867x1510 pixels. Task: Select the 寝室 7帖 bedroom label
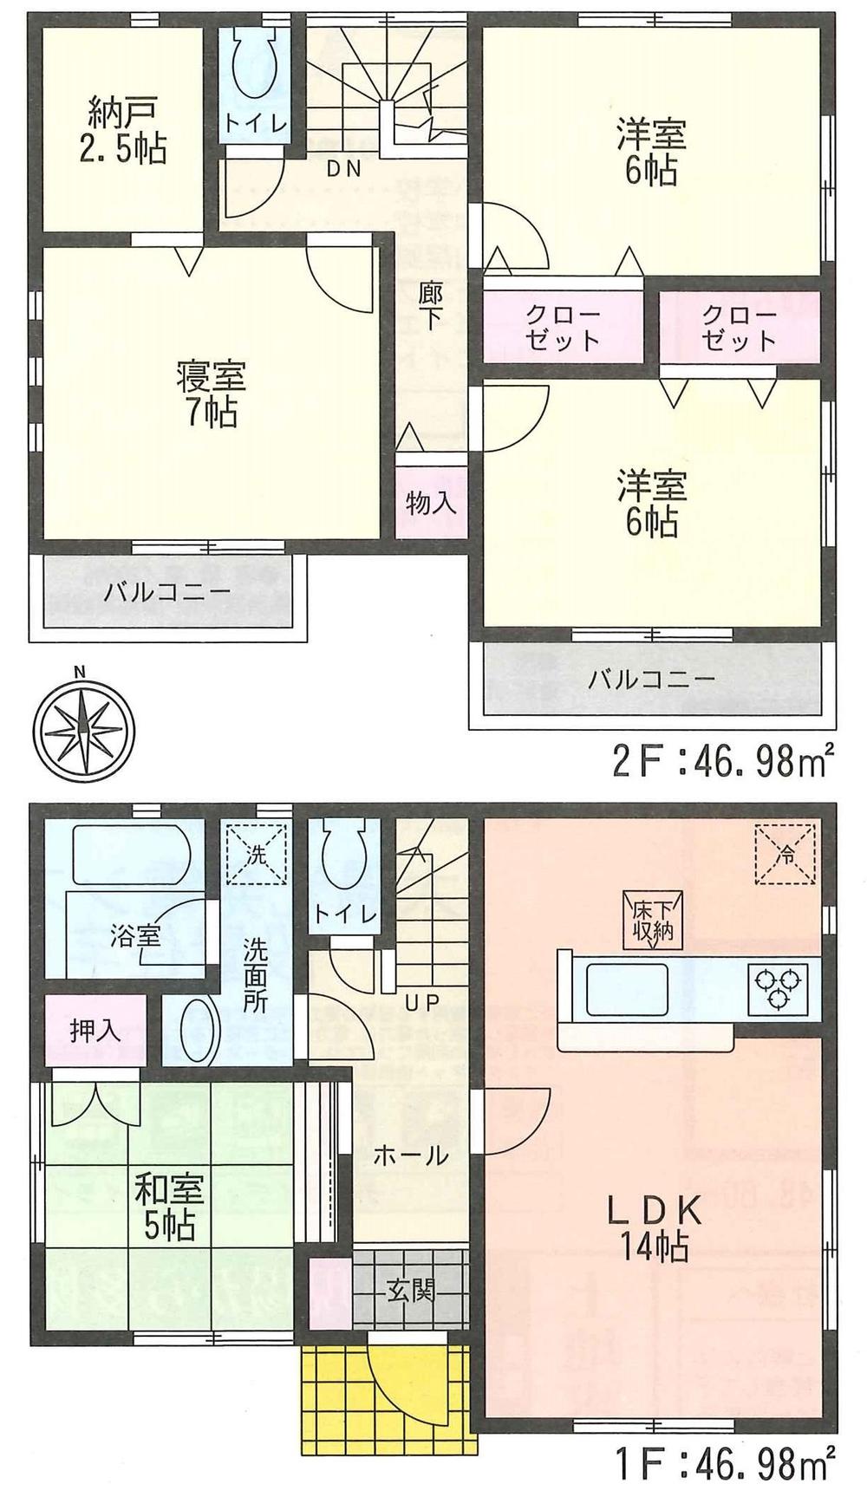point(210,394)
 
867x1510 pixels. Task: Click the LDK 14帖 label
point(652,1228)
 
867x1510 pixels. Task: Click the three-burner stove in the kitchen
point(778,989)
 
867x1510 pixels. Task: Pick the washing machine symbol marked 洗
point(256,853)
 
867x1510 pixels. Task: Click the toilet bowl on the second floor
point(256,66)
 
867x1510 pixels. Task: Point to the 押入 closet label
point(95,1032)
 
